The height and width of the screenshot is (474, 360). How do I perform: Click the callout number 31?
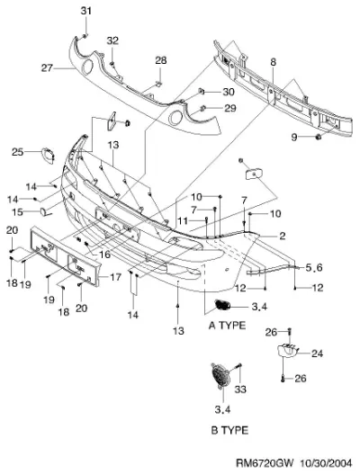tap(85, 11)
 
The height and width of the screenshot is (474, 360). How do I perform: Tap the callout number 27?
tap(47, 68)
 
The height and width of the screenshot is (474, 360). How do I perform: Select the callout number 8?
tap(274, 62)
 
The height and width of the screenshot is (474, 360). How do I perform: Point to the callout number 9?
tap(294, 138)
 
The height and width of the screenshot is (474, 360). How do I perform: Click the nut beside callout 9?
tap(319, 137)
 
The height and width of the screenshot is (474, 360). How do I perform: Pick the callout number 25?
tap(17, 152)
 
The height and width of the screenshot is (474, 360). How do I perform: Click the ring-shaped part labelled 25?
tap(48, 156)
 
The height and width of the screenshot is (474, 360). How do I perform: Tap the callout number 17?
tap(115, 277)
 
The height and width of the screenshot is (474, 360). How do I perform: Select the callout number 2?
tap(282, 236)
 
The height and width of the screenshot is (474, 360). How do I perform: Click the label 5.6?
tap(314, 267)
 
